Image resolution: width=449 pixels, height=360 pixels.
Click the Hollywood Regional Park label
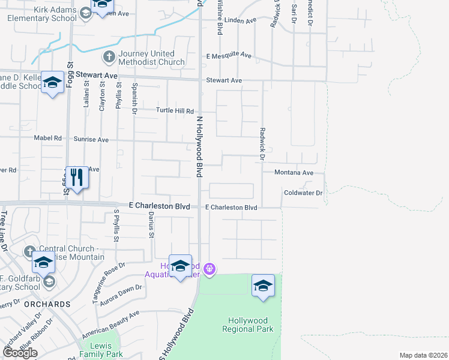click(x=247, y=324)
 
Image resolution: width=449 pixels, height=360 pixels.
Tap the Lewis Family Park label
click(x=105, y=350)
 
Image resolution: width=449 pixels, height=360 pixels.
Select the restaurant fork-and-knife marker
click(x=76, y=178)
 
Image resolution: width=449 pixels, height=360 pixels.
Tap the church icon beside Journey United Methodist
click(x=109, y=58)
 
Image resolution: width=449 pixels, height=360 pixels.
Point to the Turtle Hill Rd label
click(x=175, y=111)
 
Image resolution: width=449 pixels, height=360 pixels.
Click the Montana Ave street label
click(x=294, y=173)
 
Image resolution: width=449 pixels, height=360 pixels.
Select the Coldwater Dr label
click(x=303, y=193)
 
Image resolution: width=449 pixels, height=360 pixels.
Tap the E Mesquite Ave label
click(x=229, y=55)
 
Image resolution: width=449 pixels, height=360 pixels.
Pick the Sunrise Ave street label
click(x=91, y=139)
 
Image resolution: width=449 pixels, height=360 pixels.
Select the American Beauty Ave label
click(x=111, y=322)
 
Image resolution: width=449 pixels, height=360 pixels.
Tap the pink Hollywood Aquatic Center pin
click(x=209, y=268)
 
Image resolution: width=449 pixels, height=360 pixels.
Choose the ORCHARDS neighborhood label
click(x=47, y=304)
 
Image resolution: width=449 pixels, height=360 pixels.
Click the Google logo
click(x=20, y=353)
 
